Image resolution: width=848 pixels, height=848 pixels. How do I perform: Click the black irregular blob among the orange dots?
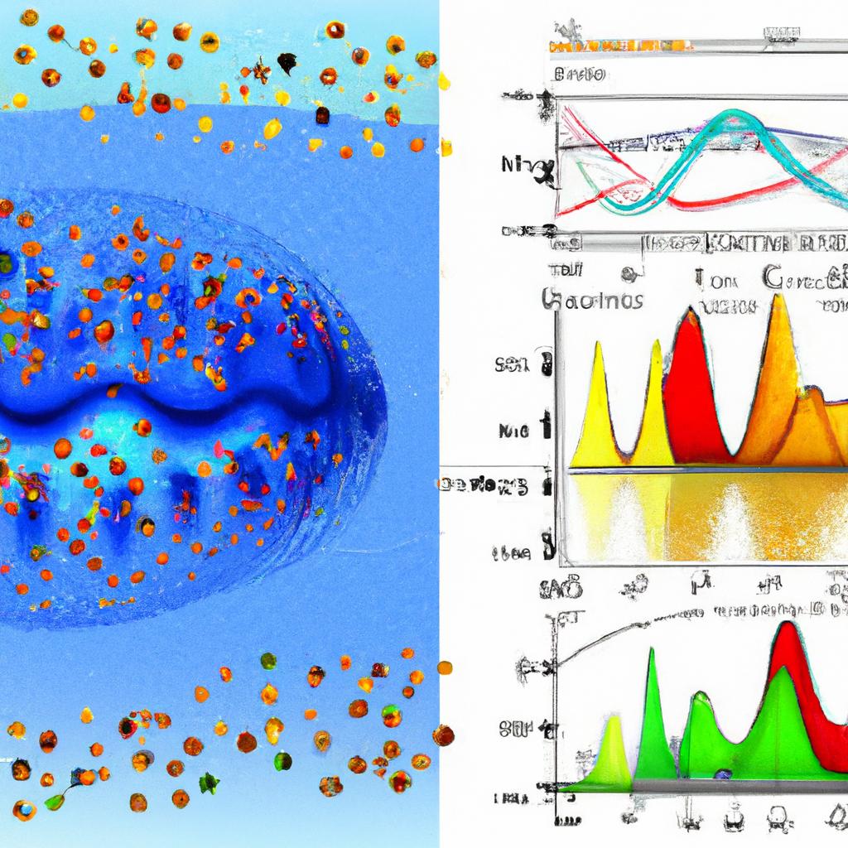pyautogui.click(x=287, y=62)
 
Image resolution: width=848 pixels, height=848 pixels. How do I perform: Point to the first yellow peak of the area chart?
pyautogui.click(x=598, y=348)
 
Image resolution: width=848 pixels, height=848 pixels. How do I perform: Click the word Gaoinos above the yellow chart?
pyautogui.click(x=593, y=300)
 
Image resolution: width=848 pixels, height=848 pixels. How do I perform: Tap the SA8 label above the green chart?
pyautogui.click(x=562, y=589)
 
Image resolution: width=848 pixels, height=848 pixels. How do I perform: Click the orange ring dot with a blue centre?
pyautogui.click(x=24, y=807)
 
